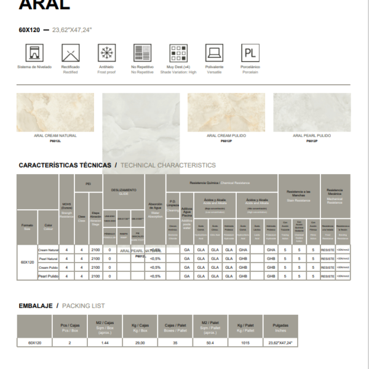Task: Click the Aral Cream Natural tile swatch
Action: [x=55, y=113]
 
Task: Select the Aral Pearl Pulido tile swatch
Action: [x=312, y=113]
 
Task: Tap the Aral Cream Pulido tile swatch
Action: [x=226, y=113]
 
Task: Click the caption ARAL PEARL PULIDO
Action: [x=312, y=135]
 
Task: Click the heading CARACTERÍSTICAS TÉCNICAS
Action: [x=65, y=165]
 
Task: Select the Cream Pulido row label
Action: [x=48, y=268]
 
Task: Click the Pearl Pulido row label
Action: [x=48, y=277]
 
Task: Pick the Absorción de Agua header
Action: [x=155, y=209]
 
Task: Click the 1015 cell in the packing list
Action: [x=245, y=343]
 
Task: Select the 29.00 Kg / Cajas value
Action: [x=140, y=343]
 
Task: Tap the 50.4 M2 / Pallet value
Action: [x=210, y=343]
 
